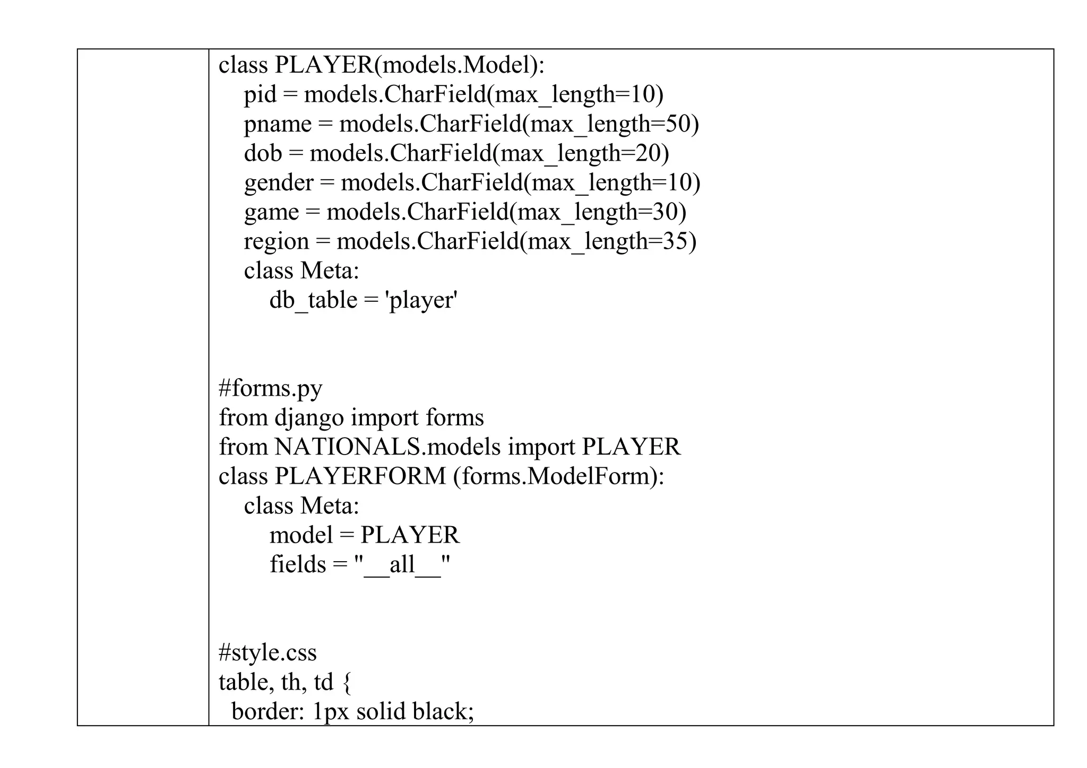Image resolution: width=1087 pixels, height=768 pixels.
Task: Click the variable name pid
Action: pos(260,95)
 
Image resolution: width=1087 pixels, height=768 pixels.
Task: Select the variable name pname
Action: pos(278,125)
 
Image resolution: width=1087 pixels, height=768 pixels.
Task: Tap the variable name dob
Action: pos(263,154)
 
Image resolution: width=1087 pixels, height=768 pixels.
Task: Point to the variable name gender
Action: pos(279,184)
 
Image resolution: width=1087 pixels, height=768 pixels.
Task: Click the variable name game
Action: pos(271,213)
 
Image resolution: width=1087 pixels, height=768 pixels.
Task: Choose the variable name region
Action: pos(276,242)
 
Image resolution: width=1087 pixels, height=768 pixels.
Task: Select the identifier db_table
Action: pos(313,301)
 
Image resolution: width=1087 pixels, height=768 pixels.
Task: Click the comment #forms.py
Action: pos(270,389)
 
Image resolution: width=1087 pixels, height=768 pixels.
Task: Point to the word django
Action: pos(309,418)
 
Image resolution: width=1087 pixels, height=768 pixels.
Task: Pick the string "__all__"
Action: pos(402,564)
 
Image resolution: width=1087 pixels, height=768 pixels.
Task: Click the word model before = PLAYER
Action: pos(300,535)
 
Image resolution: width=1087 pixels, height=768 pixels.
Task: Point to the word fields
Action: pos(297,564)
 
